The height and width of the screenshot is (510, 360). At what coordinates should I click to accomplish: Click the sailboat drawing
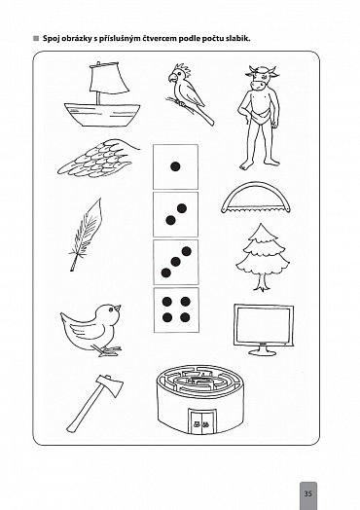pos(102,96)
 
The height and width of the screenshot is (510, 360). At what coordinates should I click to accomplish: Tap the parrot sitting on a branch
pos(190,94)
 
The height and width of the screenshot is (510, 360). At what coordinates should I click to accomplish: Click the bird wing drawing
pos(98,159)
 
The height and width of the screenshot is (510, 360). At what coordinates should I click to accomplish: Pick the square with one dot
pos(175,166)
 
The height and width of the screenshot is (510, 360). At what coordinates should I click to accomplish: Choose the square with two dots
pos(175,214)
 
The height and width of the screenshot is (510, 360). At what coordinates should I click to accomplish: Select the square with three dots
pos(175,262)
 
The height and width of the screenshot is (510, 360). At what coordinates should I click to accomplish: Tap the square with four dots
pos(176,310)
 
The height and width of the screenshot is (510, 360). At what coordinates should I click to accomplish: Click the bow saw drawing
pos(256,198)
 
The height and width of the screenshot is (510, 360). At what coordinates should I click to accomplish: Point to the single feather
pos(86,235)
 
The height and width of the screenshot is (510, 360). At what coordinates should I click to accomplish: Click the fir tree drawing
pos(263,257)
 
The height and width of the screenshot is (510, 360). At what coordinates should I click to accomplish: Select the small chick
pos(91,330)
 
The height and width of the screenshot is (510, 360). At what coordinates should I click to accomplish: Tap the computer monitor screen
pos(264,325)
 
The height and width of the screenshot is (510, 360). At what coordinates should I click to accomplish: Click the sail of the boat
pos(110,79)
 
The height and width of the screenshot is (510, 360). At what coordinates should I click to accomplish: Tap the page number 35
pos(307,493)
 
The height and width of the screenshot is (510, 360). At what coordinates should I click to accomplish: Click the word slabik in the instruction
pos(238,38)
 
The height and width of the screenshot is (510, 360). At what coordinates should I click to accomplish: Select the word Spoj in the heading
pos(50,39)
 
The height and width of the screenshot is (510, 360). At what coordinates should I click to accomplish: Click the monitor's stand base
pos(262,351)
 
